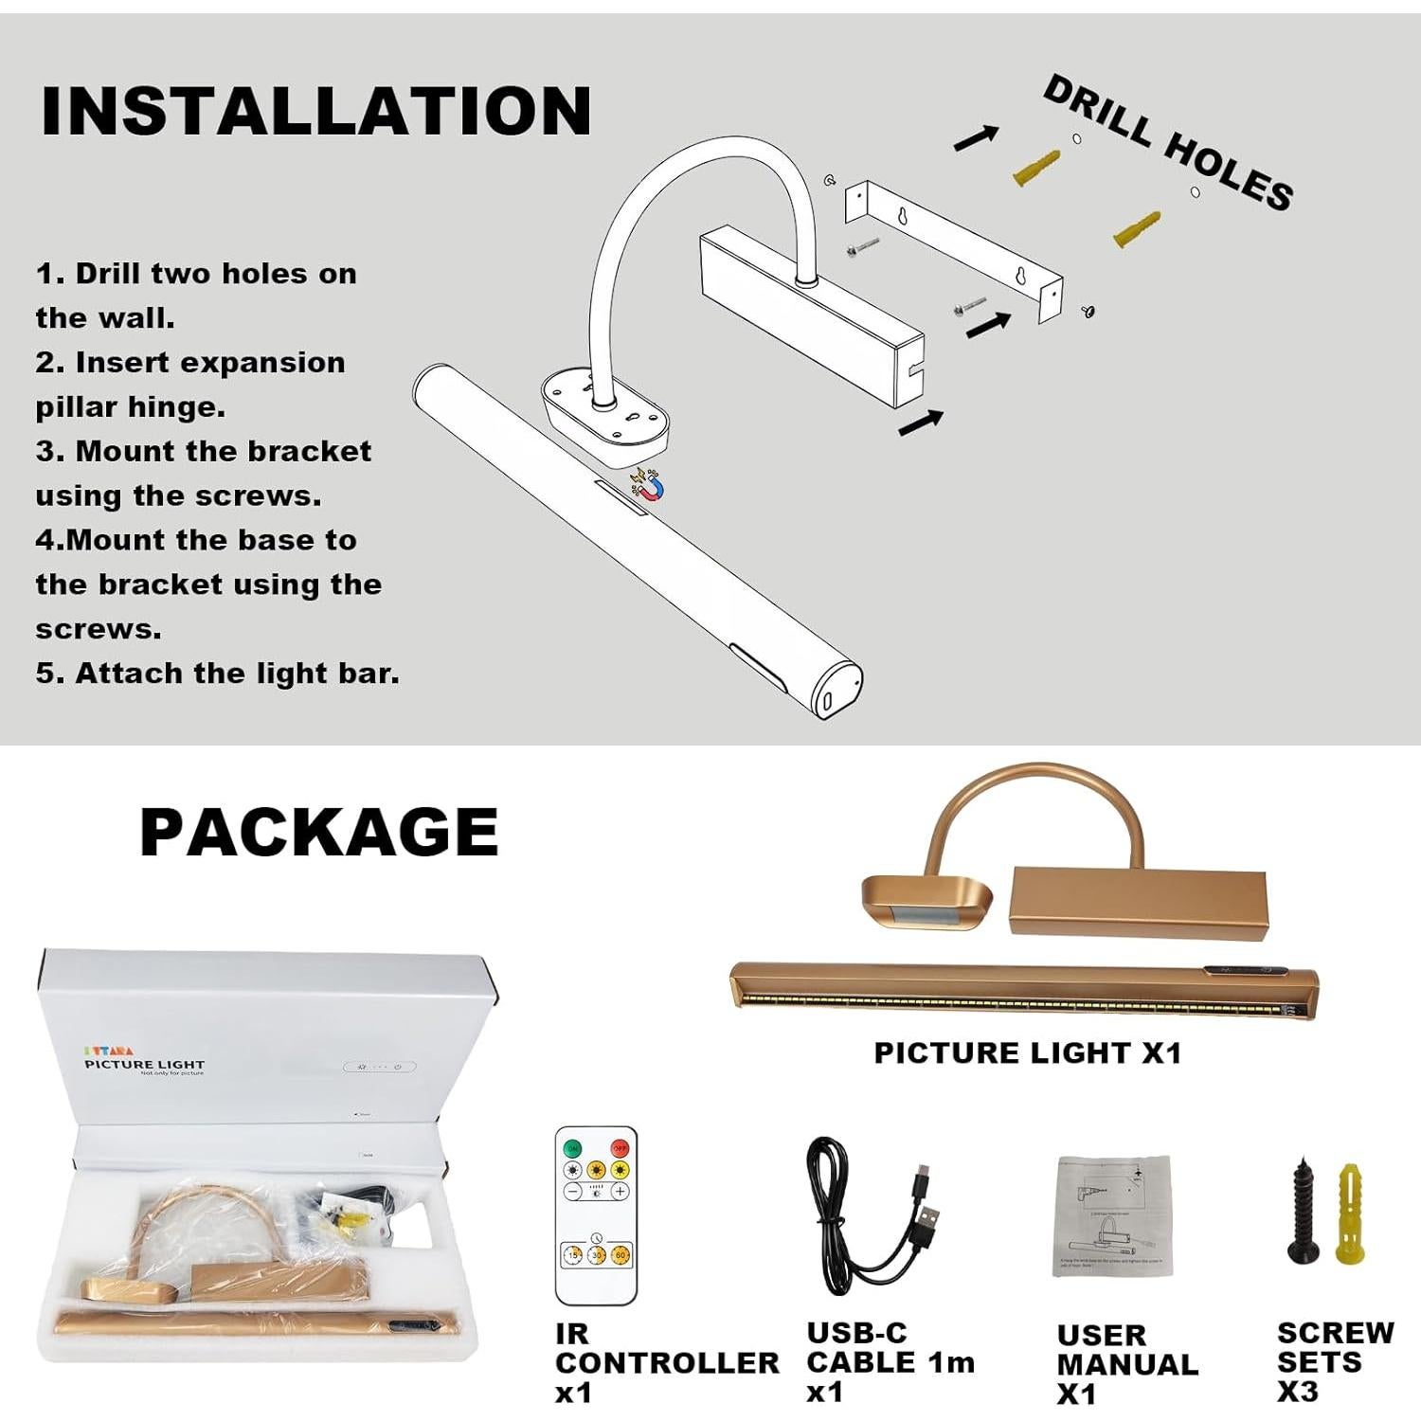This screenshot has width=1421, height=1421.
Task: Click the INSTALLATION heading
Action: tap(316, 112)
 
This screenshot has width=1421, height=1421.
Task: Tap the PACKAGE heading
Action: tap(319, 832)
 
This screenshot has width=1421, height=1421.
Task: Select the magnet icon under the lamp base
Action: tap(648, 486)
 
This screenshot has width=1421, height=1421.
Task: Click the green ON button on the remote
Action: tap(572, 1148)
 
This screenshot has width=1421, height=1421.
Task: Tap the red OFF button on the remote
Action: tap(620, 1148)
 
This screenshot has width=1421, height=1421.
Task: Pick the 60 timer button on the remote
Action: tap(621, 1254)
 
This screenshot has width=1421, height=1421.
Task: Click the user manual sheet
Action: tap(1113, 1216)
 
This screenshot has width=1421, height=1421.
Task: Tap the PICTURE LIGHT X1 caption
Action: tap(1028, 1052)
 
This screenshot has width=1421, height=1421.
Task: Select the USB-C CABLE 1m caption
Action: tap(890, 1361)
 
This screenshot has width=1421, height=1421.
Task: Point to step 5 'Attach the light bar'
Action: tap(218, 674)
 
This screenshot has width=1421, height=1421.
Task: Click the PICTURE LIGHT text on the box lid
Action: tap(144, 1065)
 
